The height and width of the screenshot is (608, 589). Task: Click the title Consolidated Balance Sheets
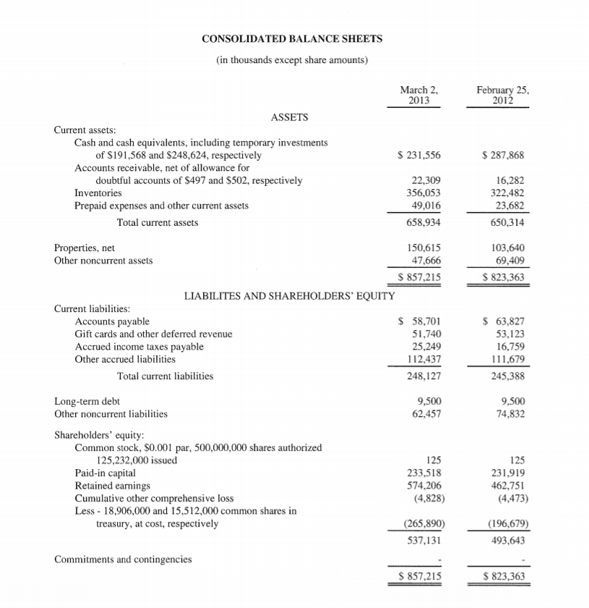tap(293, 38)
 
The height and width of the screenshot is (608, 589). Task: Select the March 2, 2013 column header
tap(419, 96)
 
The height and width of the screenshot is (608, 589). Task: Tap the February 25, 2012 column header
tap(503, 96)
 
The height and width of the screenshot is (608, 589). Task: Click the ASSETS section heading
tap(289, 117)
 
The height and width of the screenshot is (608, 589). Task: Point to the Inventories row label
tap(98, 193)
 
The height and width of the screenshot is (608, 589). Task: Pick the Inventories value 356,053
tap(425, 193)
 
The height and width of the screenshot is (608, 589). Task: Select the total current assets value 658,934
tap(425, 223)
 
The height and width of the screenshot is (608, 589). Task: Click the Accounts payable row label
tap(112, 321)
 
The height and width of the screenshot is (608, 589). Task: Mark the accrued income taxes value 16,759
tap(511, 347)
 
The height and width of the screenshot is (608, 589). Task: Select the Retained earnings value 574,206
tap(425, 485)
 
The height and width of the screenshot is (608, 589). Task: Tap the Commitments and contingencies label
tap(123, 559)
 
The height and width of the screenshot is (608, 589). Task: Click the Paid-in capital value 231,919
tap(509, 473)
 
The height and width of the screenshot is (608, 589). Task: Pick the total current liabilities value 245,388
tap(509, 376)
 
